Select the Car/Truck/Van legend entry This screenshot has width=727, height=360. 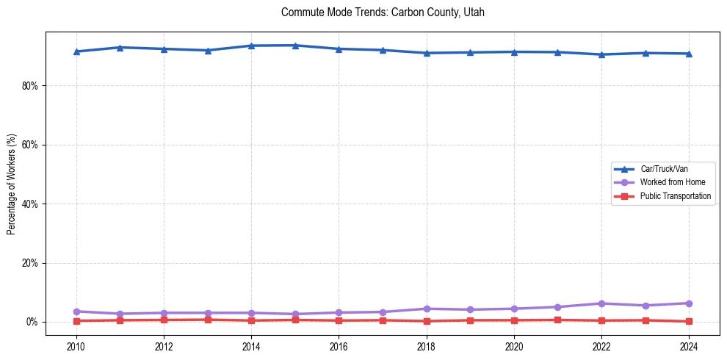coord(664,168)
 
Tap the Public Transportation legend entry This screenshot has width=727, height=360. coord(676,196)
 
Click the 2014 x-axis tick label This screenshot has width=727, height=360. coord(251,346)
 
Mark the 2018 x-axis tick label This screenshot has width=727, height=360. coord(427,346)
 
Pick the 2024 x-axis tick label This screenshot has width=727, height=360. coord(689,346)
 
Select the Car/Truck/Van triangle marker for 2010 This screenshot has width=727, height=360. coord(76,51)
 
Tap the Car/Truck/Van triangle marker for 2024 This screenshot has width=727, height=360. coord(689,54)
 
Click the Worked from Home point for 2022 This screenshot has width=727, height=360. coord(601,303)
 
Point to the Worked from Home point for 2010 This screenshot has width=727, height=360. coord(76,312)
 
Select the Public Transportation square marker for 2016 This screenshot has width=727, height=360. coord(339,320)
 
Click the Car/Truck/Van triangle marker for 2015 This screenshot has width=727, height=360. coord(295,46)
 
